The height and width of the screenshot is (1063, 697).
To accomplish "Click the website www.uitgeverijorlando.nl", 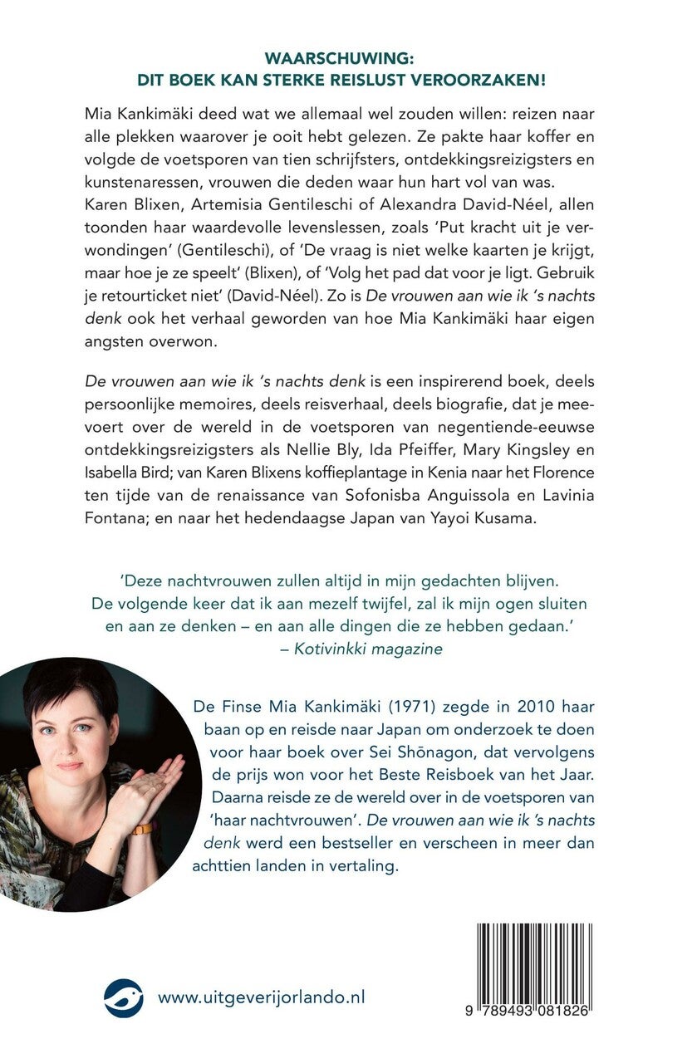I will tap(262, 997).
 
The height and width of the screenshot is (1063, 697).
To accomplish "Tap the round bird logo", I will tap(124, 997).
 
